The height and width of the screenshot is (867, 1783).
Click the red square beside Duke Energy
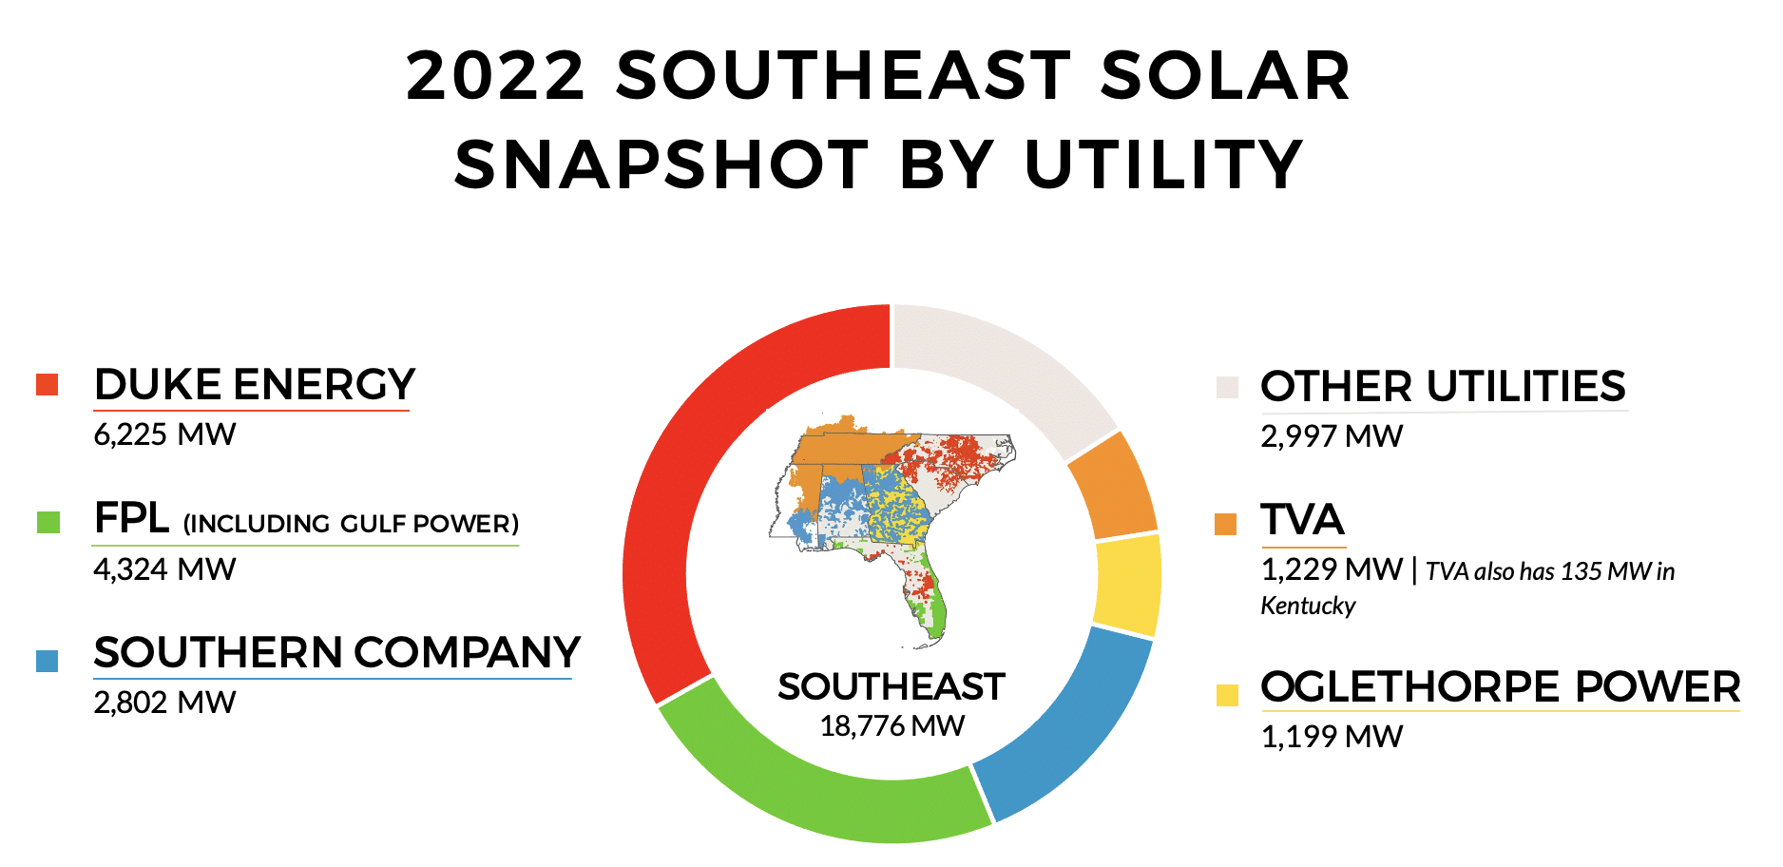[48, 384]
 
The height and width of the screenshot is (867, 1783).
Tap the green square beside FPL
[48, 522]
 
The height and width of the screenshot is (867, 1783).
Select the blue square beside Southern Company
[48, 661]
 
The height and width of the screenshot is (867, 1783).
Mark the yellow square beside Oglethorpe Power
[1227, 695]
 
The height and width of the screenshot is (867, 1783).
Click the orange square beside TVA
[1226, 524]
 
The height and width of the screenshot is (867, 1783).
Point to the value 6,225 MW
[164, 435]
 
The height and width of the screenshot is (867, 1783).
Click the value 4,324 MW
[164, 569]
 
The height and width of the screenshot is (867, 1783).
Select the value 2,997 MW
[1332, 436]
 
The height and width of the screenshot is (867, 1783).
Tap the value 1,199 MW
[1332, 737]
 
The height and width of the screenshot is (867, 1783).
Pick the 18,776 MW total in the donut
[891, 726]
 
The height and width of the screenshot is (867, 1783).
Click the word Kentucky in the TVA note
[1308, 607]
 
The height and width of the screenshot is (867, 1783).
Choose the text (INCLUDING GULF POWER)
[351, 524]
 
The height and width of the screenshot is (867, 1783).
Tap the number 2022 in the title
[495, 76]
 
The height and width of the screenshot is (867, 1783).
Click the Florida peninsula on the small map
[922, 594]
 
